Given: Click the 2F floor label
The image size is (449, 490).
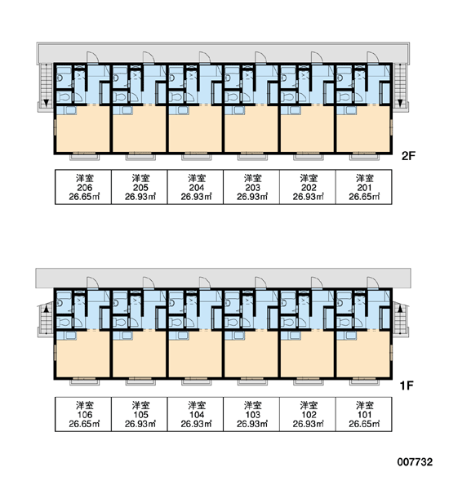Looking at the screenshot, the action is (x=408, y=156).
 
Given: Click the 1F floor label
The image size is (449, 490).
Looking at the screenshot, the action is (x=407, y=386).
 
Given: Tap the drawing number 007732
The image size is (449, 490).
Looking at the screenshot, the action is (x=415, y=462).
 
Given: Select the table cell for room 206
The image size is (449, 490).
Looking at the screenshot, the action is (x=83, y=187).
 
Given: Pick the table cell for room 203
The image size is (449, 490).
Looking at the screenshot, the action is (x=251, y=187).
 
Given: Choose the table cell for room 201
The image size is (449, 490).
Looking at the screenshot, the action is (x=364, y=187).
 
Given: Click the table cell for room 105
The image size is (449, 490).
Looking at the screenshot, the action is (x=140, y=414).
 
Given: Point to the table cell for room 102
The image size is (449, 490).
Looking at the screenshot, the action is (x=308, y=414).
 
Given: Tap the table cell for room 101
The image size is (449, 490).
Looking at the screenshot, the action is (x=364, y=414).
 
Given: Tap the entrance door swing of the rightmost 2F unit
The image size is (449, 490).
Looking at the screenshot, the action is (x=373, y=57).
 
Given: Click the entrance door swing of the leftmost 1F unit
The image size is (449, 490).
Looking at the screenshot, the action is (x=93, y=283).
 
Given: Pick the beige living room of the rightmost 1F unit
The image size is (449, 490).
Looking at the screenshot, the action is (x=363, y=354).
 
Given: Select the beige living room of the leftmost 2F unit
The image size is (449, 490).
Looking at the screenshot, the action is (x=83, y=129).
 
